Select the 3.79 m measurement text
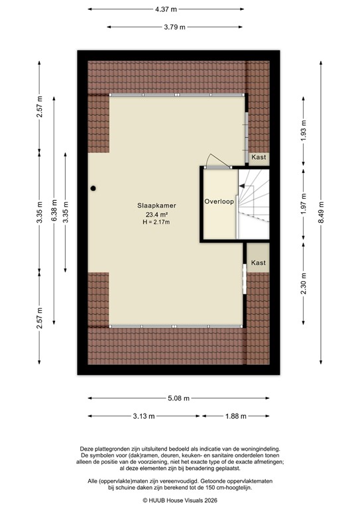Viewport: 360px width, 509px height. pyautogui.click(x=174, y=27)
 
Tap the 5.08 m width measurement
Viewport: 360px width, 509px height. pyautogui.click(x=178, y=398)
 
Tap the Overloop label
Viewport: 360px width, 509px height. pyautogui.click(x=219, y=201)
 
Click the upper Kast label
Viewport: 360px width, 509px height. pyautogui.click(x=259, y=157)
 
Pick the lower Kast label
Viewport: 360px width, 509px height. pyautogui.click(x=259, y=263)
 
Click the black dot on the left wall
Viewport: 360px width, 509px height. pyautogui.click(x=94, y=188)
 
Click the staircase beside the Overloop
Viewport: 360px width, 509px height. pyautogui.click(x=253, y=202)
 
